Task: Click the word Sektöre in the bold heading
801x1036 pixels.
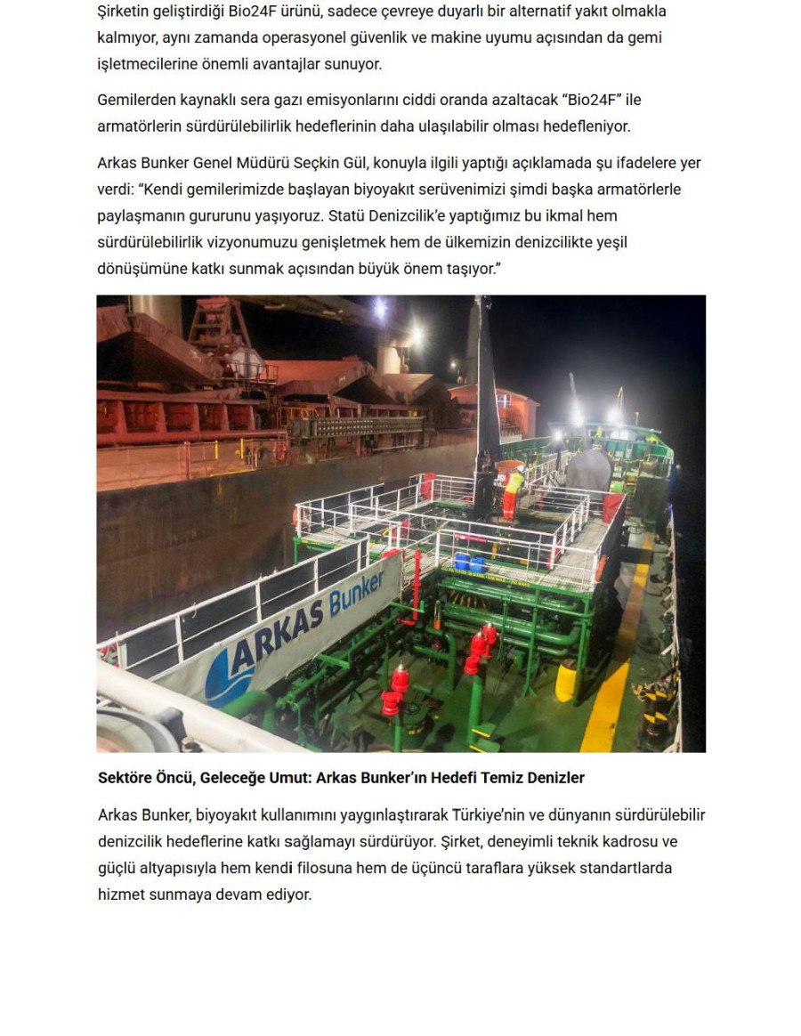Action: [124, 778]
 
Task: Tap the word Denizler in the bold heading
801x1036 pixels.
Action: [556, 778]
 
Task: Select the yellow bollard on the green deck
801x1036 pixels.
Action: [566, 682]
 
